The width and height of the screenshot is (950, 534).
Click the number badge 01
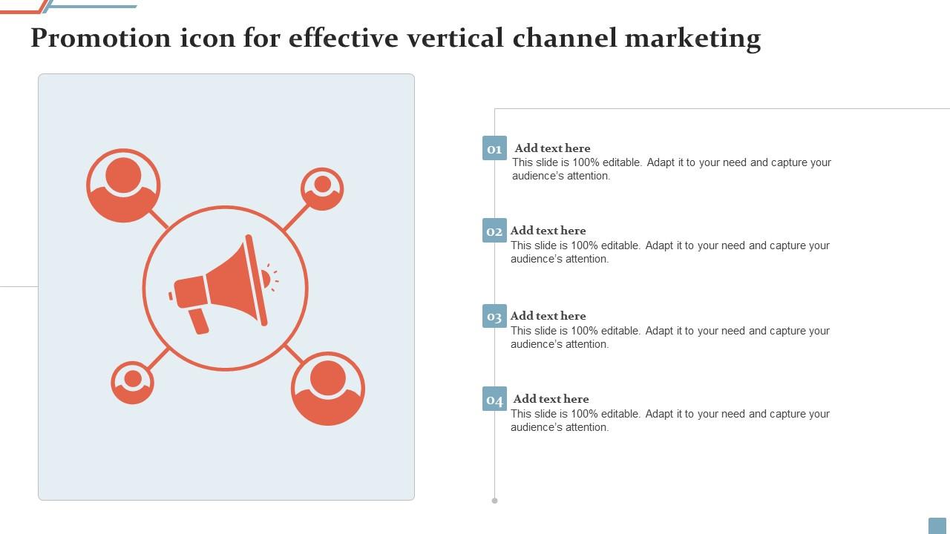coord(494,148)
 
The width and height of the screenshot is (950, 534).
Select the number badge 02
coord(494,230)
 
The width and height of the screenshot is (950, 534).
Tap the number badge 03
coord(494,316)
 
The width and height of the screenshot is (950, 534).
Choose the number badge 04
coord(494,399)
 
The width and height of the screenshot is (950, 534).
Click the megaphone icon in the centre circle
coord(223,284)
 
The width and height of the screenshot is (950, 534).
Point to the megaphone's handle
coord(198,321)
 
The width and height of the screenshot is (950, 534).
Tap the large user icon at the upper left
coord(123,185)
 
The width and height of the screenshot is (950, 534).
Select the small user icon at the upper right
coord(322,189)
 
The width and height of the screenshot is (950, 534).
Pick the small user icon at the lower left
coord(132,383)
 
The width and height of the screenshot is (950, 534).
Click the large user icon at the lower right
coord(328,389)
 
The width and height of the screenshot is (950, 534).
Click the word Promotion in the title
coord(101,38)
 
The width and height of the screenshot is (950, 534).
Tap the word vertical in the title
coord(456,38)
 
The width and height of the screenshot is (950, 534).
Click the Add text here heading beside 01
coord(552,148)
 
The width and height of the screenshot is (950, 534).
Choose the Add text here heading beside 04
coord(551,398)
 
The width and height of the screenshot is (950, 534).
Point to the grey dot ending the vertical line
coord(494,501)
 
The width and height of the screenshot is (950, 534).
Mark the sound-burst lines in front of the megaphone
coord(272,277)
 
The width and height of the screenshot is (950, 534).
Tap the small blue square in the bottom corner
coord(937,526)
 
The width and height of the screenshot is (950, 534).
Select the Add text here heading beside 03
coord(548,316)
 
